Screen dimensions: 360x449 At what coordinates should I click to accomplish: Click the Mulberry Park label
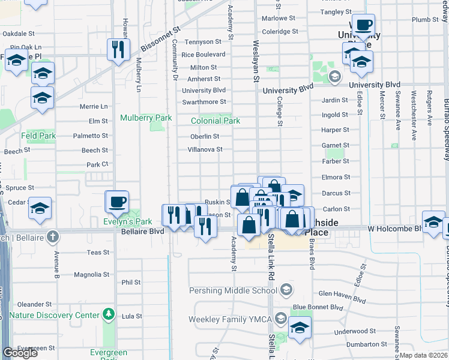coord(146,118)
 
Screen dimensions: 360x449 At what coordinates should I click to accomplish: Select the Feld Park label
coord(38,136)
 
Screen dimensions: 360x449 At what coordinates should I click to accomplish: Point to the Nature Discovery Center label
coord(54,315)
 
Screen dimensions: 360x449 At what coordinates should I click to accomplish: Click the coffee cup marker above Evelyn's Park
coord(116,201)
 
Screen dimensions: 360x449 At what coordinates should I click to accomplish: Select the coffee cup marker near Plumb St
coord(363,25)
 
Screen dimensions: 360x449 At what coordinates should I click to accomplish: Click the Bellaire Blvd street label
coord(142,231)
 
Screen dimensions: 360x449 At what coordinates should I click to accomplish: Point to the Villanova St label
coord(205,149)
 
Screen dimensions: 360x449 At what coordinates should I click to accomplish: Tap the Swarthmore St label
coord(204,102)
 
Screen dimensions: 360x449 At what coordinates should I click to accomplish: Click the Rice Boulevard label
coord(203,55)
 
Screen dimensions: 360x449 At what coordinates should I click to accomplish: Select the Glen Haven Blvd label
coord(342,293)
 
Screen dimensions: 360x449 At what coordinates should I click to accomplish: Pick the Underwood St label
coord(355,331)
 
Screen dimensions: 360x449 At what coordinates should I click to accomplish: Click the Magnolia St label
coord(91,275)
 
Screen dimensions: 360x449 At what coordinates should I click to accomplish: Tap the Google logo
coord(20,353)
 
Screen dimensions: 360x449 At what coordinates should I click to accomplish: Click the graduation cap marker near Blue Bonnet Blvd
coord(300,328)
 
